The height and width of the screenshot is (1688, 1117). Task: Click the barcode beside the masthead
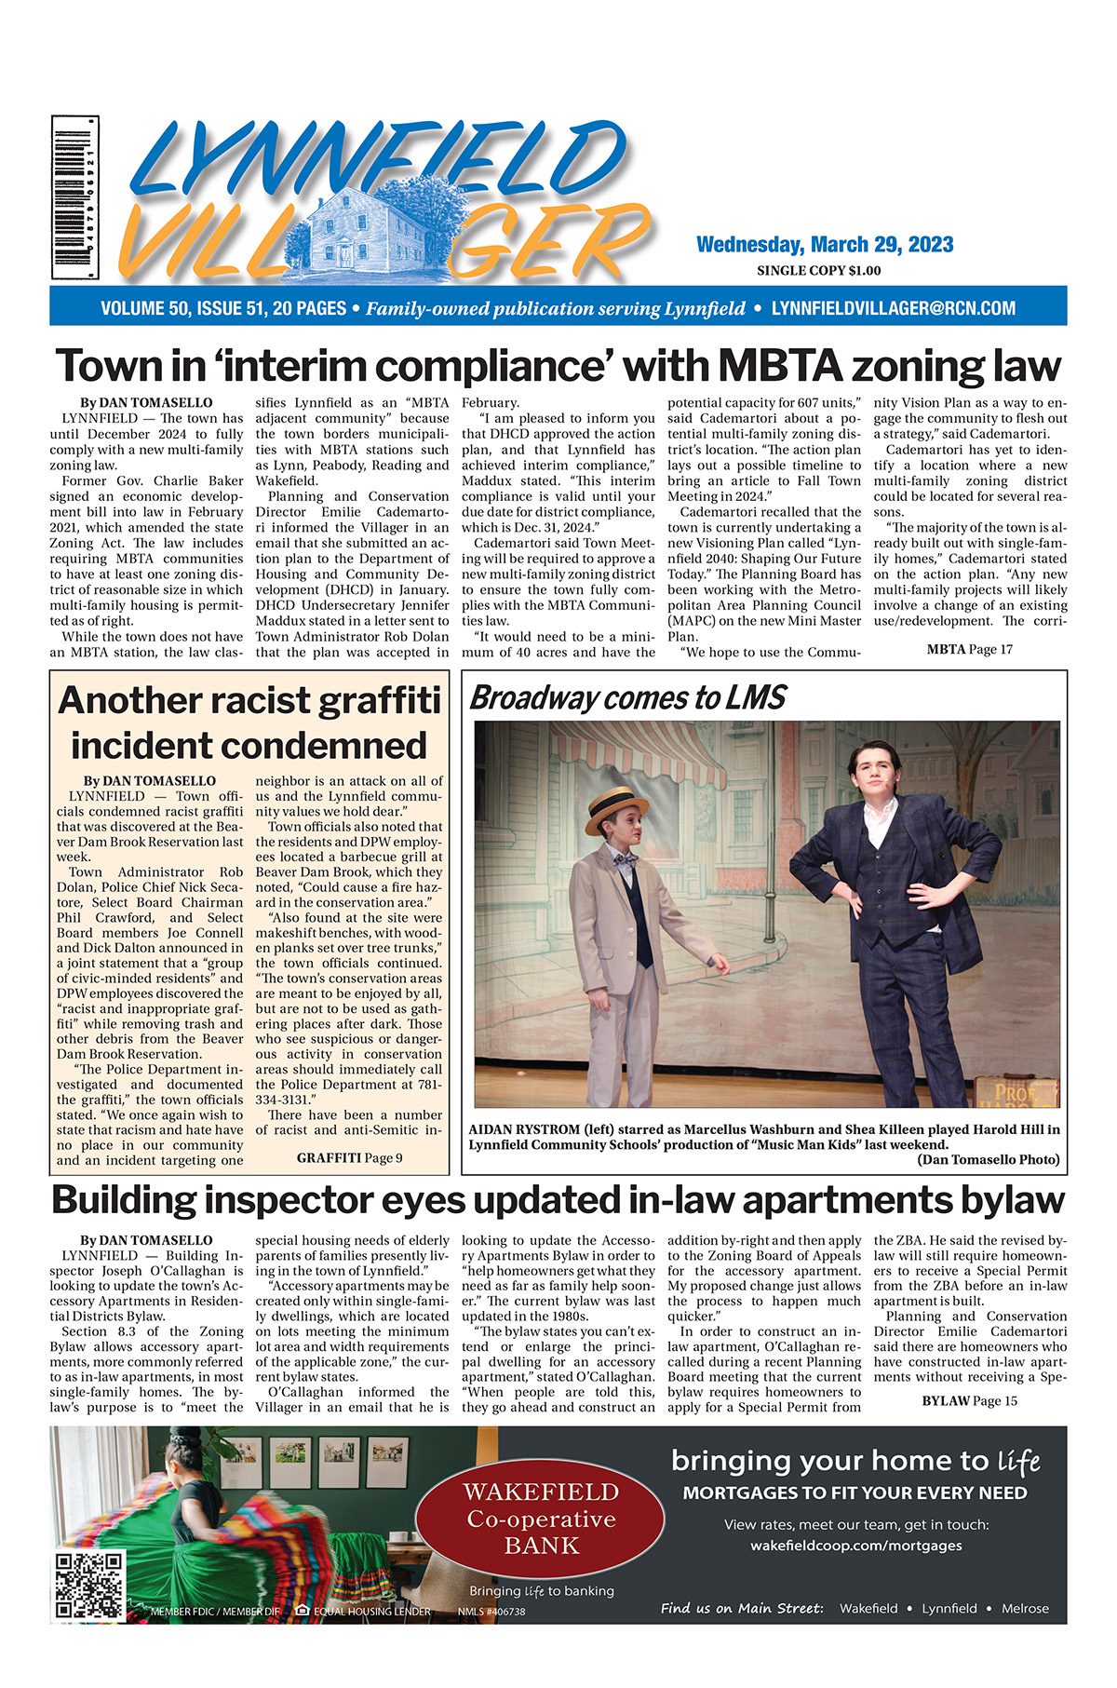(75, 197)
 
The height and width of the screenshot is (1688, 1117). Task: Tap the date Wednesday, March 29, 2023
(824, 245)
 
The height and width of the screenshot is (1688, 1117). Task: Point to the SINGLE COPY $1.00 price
(818, 271)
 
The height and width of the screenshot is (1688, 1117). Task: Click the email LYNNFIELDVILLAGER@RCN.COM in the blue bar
(893, 308)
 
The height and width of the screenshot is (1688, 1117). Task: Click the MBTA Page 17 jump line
(969, 649)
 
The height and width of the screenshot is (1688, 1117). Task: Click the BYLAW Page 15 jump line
(969, 1400)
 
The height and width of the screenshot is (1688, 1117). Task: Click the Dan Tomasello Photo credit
(988, 1159)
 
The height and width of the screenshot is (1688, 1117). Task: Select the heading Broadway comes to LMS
(628, 697)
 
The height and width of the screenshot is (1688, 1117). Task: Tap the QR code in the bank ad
(89, 1585)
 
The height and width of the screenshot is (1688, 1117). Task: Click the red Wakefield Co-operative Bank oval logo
(541, 1519)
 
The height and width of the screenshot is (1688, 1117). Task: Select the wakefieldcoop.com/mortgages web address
(855, 1546)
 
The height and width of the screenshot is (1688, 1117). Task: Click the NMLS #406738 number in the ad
(491, 1612)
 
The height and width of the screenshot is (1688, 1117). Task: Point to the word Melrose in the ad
(1025, 1608)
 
